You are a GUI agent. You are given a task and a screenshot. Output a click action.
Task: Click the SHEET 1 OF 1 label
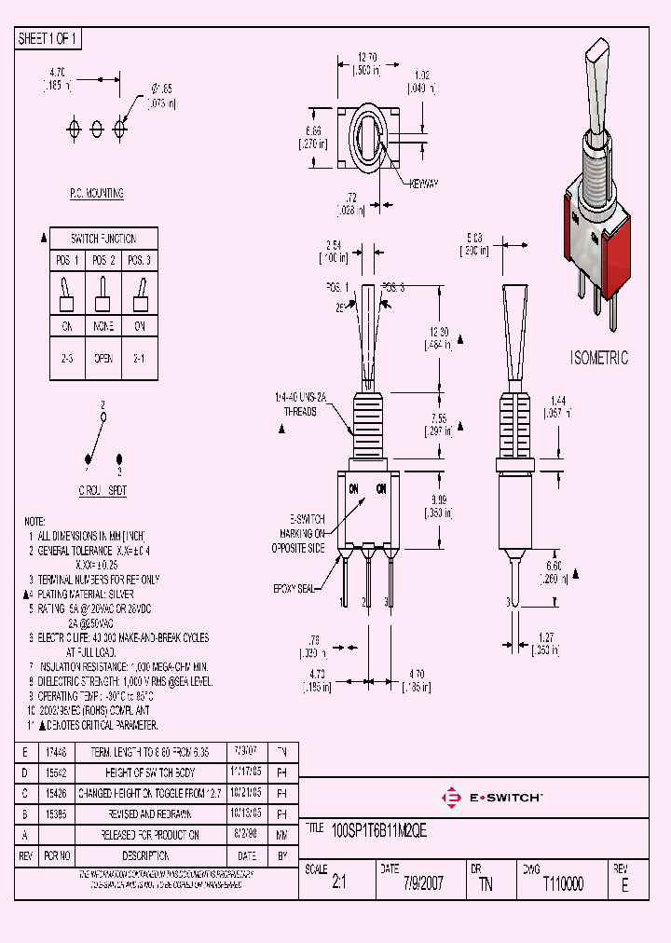coord(48,38)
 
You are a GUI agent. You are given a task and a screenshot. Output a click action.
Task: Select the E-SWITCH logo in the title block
coord(491,797)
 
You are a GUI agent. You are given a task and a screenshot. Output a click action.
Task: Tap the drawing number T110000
coord(563,884)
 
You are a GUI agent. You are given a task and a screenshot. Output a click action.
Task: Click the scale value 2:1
coord(338,884)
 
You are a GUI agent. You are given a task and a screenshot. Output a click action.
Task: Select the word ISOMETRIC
coord(599,358)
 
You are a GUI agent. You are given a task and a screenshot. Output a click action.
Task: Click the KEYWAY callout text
coord(424,184)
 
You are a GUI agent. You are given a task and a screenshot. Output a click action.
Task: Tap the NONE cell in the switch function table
coord(104,327)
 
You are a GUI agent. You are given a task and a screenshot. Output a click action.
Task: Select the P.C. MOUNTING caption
coord(97,194)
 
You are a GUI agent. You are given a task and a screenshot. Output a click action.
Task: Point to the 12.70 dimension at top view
coord(365,57)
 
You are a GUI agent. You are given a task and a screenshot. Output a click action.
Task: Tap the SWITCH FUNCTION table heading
coord(104,239)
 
